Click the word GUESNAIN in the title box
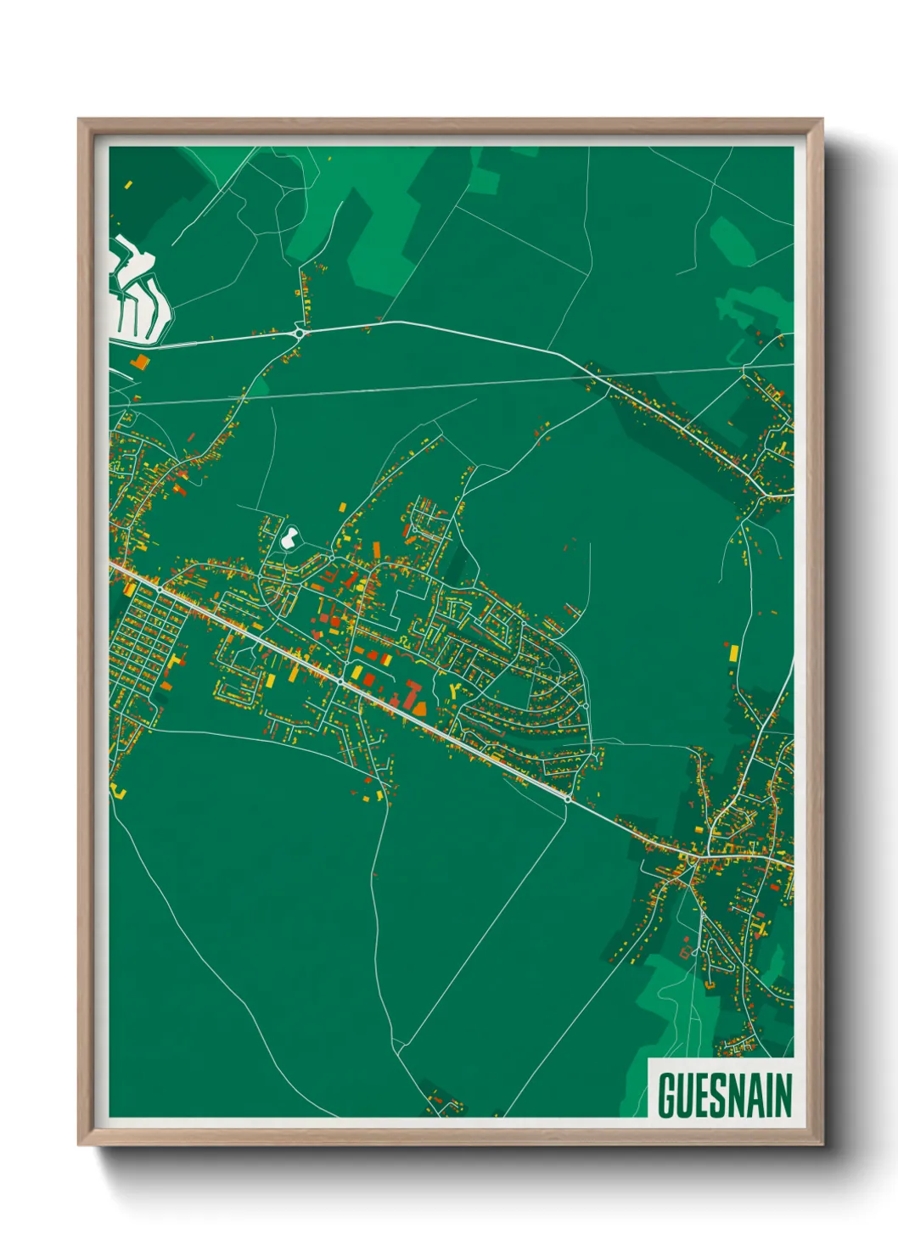[724, 1095]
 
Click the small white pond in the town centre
[289, 537]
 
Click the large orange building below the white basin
[139, 362]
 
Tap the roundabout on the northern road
[300, 334]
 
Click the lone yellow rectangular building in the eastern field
[733, 653]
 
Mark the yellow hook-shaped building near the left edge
[120, 793]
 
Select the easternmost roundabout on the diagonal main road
[568, 799]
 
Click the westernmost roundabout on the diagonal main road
[160, 588]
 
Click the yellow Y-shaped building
[458, 689]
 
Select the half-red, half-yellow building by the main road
[384, 659]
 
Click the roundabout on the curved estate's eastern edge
[585, 705]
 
